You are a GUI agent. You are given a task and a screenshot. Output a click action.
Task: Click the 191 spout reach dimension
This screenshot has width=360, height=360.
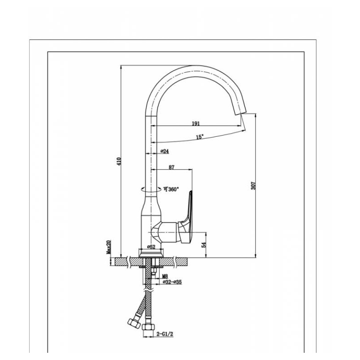pyautogui.click(x=196, y=123)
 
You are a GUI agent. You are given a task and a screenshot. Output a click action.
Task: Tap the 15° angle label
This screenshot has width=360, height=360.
pyautogui.click(x=200, y=137)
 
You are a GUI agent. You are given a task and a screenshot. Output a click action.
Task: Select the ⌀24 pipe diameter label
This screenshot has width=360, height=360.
pyautogui.click(x=165, y=151)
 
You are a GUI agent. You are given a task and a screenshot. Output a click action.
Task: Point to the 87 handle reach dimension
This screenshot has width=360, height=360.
pyautogui.click(x=171, y=167)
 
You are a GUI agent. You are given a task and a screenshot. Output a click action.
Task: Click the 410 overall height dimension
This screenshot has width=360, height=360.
pyautogui.click(x=118, y=161)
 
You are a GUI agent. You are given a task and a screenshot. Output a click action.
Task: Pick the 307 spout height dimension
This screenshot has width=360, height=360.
pyautogui.click(x=253, y=185)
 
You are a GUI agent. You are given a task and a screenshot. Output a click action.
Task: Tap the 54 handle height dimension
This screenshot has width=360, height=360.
pyautogui.click(x=204, y=245)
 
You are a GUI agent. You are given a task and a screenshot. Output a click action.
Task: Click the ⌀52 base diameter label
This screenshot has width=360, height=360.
pyautogui.click(x=151, y=247)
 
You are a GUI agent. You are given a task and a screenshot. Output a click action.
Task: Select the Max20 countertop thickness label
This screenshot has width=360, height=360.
pyautogui.click(x=108, y=247)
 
